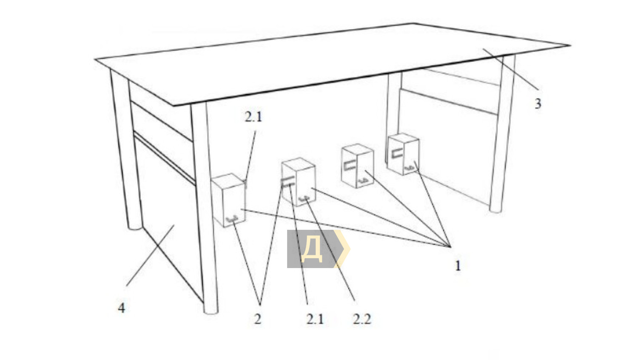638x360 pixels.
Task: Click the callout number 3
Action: click(x=538, y=104)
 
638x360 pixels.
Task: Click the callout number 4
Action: click(x=122, y=308)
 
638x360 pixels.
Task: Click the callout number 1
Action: click(x=458, y=266)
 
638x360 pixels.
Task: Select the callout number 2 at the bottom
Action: click(x=257, y=319)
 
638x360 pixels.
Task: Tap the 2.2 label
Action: click(x=362, y=319)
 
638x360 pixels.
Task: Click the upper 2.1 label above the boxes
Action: click(x=253, y=117)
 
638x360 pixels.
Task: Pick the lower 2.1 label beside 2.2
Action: click(x=315, y=319)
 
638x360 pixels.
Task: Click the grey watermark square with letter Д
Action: click(x=311, y=249)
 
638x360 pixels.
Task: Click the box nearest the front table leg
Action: click(x=229, y=200)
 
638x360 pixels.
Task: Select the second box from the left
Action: click(x=298, y=181)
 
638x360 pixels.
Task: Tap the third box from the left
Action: click(x=357, y=166)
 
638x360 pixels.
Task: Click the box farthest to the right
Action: click(x=404, y=154)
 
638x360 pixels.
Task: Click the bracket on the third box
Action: click(x=350, y=166)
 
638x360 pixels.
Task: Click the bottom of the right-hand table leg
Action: click(x=496, y=210)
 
